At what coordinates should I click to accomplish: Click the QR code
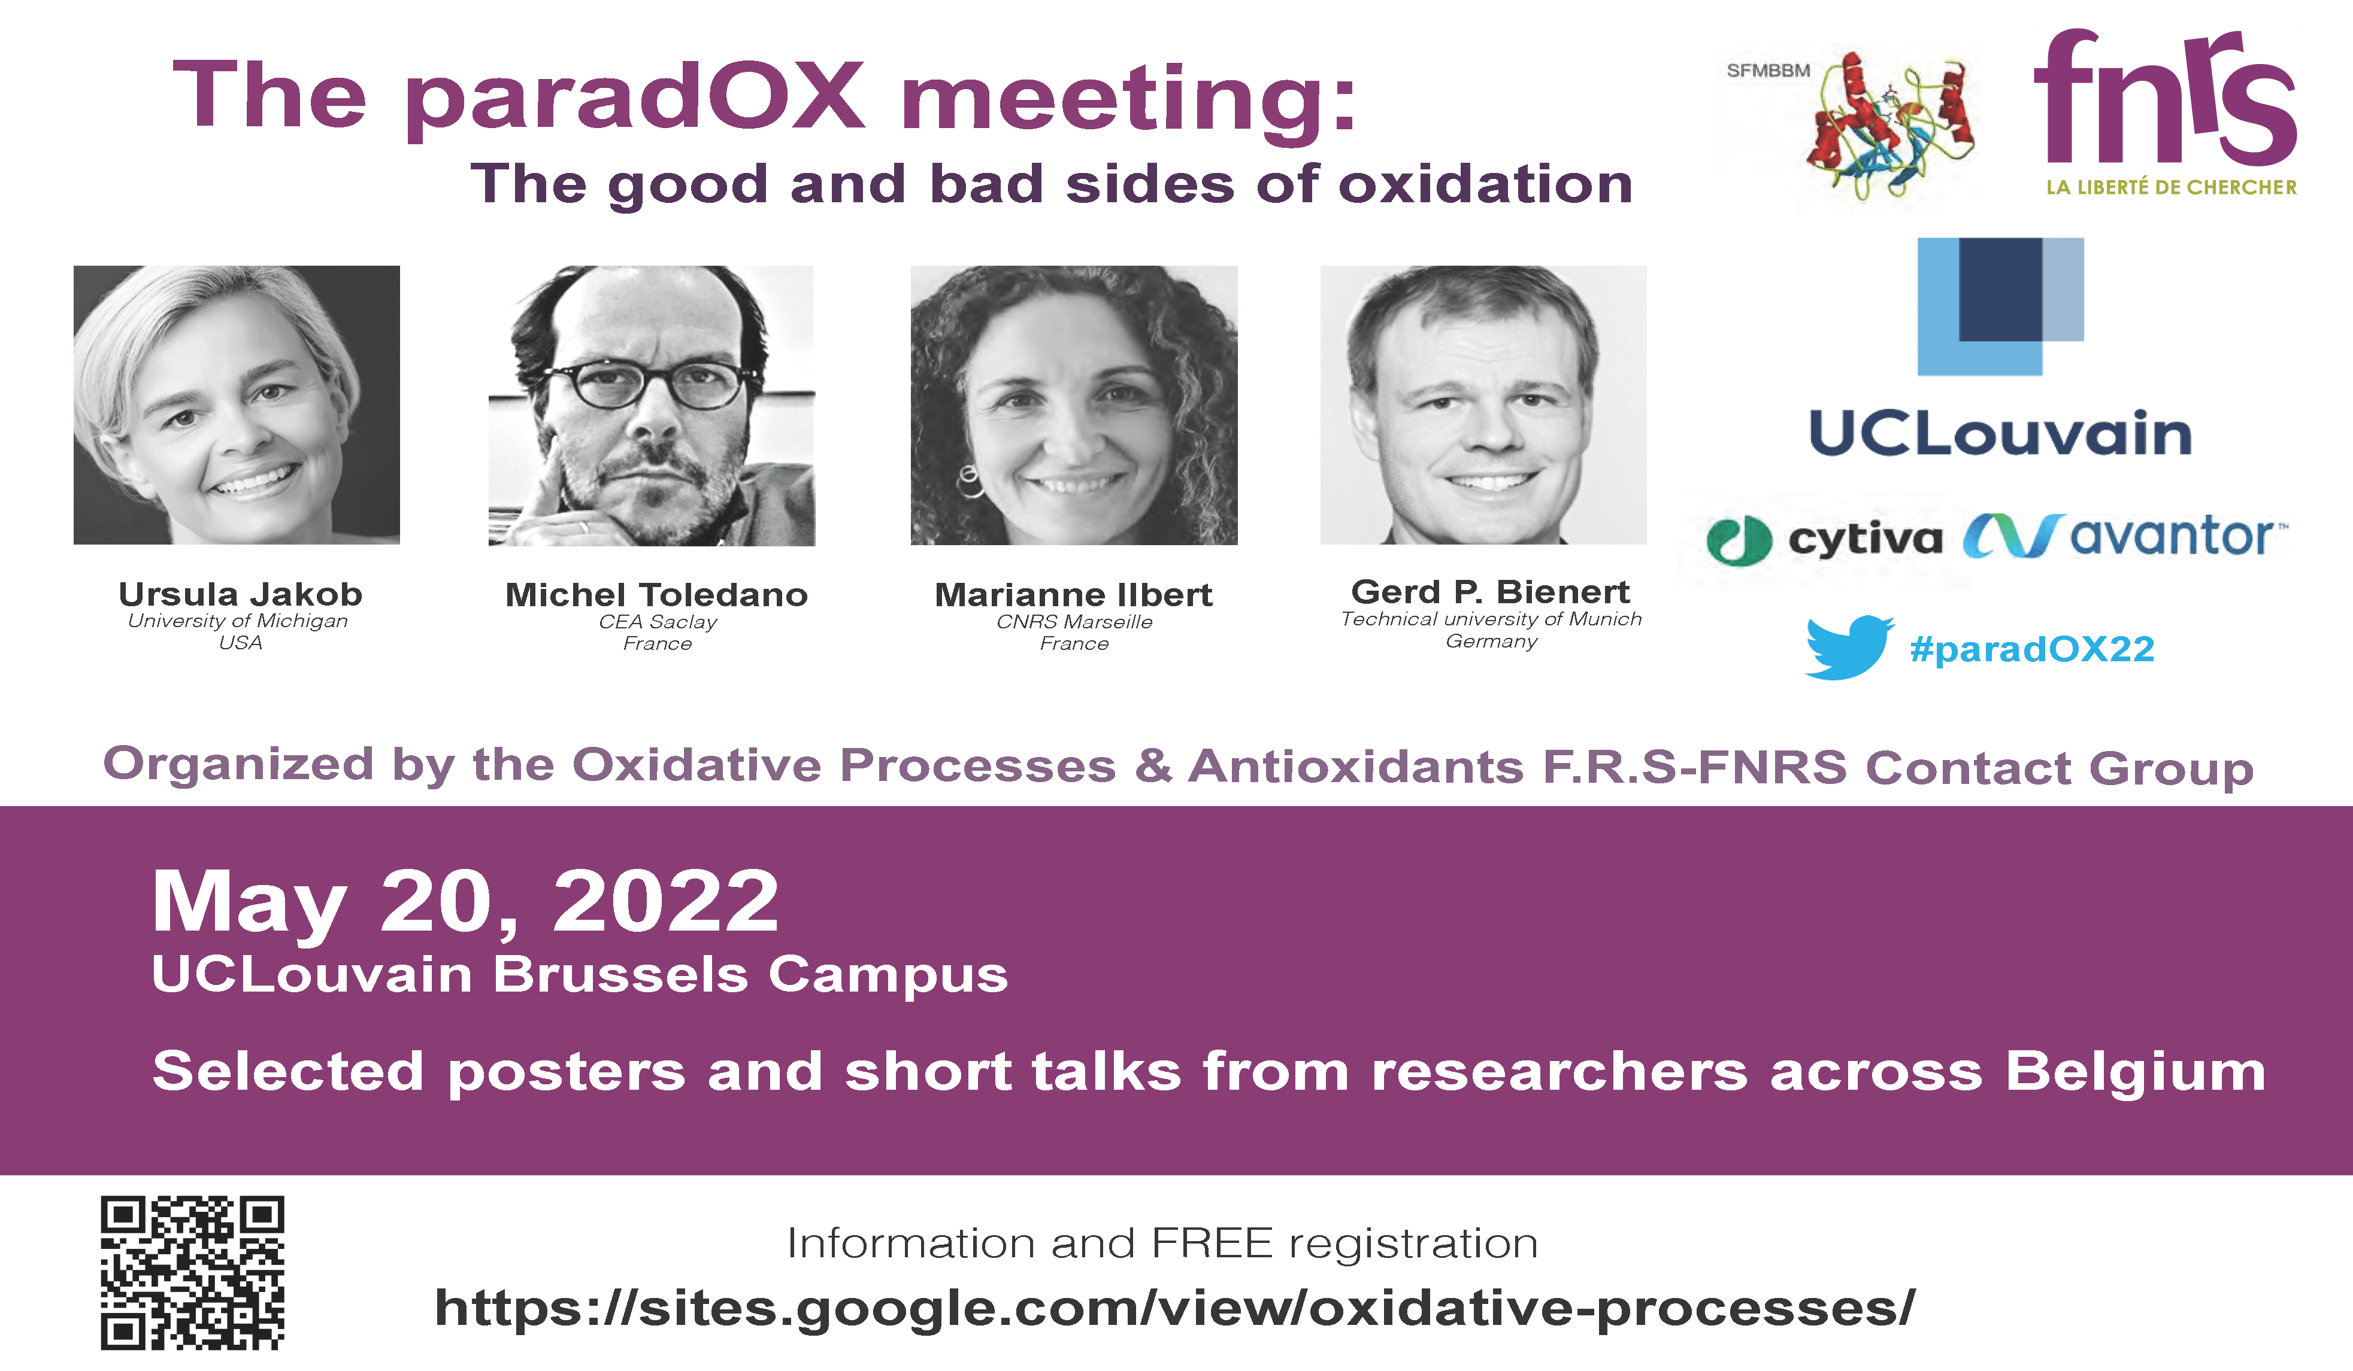coord(192,1272)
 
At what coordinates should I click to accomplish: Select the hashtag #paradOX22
coord(2032,649)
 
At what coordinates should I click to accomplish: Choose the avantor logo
coord(2125,536)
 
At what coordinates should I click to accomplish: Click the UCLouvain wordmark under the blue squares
coord(2000,434)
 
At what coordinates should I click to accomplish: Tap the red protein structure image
coord(1891,126)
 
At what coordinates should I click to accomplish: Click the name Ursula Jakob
coord(240,594)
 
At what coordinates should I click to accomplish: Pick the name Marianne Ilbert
coord(1074,594)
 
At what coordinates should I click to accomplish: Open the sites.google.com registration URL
coord(1174,1308)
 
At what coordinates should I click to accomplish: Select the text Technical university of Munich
coord(1491,619)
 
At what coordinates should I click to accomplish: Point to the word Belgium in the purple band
coord(2136,1073)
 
